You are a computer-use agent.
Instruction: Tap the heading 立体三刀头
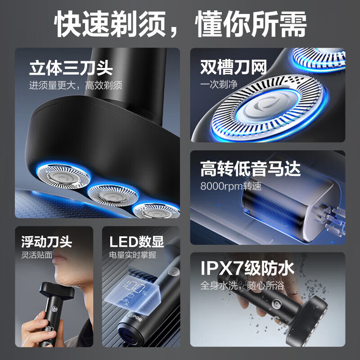71,69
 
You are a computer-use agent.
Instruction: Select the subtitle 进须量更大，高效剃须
76,85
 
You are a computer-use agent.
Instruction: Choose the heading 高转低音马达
250,170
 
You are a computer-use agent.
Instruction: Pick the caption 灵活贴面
36,255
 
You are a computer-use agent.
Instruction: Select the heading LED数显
136,242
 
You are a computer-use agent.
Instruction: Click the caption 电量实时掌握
133,255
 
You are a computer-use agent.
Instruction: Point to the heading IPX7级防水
247,269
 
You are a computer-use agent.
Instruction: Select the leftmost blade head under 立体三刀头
55,174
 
